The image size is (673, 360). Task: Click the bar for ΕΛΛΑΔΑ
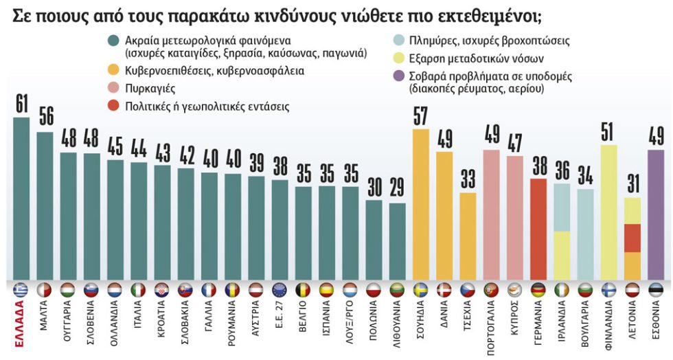click(21, 199)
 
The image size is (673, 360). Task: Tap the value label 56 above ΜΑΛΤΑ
click(46, 115)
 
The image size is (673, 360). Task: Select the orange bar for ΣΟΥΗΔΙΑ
click(420, 205)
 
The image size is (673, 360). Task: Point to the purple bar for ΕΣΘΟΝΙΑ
click(655, 215)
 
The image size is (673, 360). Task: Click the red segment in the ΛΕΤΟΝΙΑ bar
click(632, 238)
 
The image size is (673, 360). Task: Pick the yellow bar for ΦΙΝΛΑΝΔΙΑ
click(608, 212)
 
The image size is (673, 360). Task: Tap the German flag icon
click(538, 291)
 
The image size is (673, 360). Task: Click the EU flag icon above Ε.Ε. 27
click(280, 291)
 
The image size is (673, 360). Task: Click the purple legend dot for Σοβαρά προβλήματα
click(400, 76)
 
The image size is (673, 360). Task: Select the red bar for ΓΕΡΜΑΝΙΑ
click(538, 229)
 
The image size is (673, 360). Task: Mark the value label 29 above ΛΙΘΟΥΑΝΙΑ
click(397, 188)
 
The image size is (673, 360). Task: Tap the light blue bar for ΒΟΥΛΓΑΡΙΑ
click(585, 234)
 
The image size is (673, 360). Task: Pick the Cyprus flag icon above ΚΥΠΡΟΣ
click(515, 291)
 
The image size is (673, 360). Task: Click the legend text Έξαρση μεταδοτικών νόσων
click(477, 58)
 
